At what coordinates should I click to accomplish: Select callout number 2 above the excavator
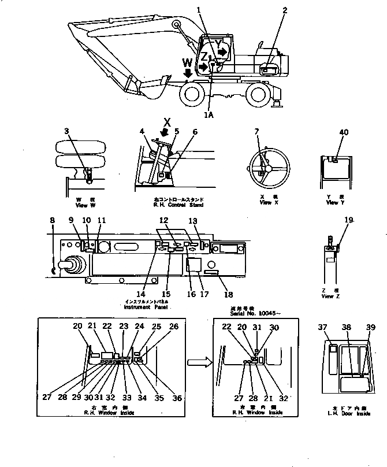285,10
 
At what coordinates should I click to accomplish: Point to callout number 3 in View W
66,132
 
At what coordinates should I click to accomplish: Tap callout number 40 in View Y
344,132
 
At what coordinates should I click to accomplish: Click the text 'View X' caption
265,203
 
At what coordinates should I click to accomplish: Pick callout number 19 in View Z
348,220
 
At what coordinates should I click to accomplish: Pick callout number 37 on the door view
323,328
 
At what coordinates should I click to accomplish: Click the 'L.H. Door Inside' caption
347,414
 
